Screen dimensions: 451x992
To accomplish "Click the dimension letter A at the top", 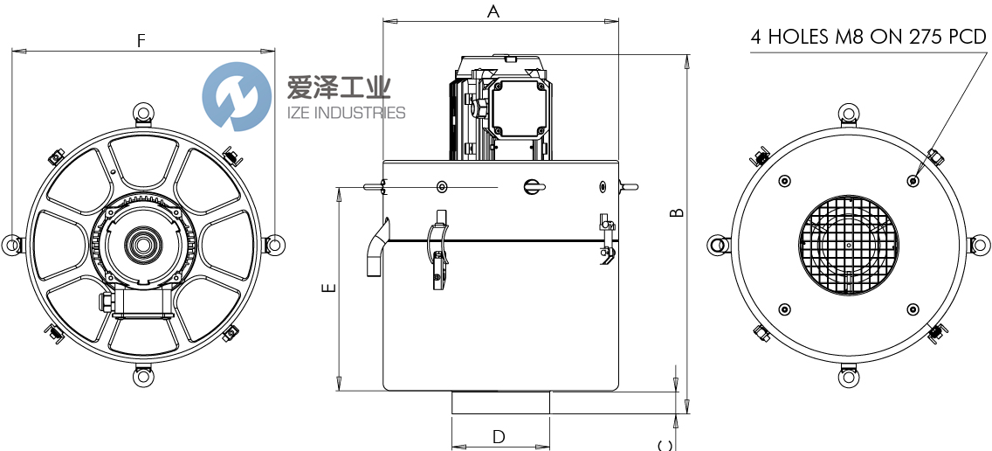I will [x=493, y=11].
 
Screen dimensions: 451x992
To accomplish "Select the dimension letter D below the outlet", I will [x=499, y=435].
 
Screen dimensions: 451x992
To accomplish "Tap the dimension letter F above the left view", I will [x=141, y=40].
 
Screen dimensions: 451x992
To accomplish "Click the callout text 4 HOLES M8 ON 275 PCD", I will [x=868, y=37].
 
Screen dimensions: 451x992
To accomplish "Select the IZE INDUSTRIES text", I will [x=346, y=113].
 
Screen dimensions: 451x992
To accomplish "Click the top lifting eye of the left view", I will [x=142, y=113].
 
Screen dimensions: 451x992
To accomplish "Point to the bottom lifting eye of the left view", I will [x=142, y=377].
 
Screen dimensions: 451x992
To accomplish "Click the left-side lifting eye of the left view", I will [x=11, y=245].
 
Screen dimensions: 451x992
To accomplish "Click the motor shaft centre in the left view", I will [x=142, y=245].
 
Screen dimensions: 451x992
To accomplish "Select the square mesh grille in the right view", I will [x=848, y=245].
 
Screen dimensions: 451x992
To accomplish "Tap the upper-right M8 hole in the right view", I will [x=913, y=181].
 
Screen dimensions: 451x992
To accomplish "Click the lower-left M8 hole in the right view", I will [x=784, y=309].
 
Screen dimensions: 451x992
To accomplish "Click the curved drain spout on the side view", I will [x=376, y=249].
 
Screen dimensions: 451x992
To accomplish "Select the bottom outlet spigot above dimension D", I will [x=500, y=402].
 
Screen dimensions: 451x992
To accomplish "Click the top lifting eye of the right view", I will [x=848, y=113].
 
